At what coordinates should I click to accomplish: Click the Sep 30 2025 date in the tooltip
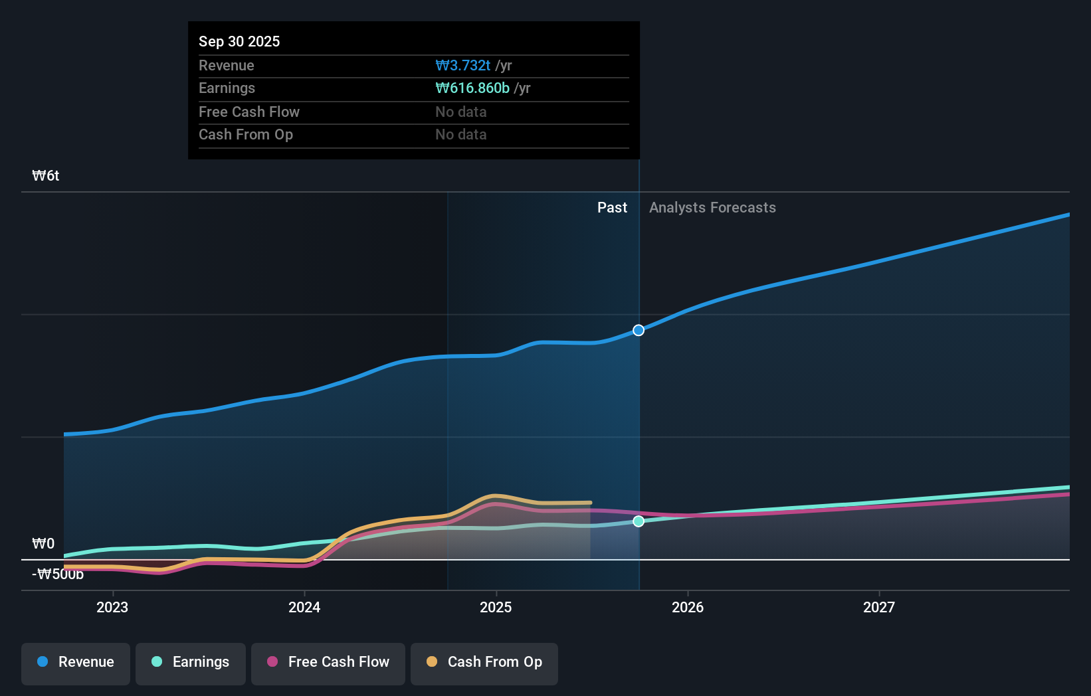(x=239, y=41)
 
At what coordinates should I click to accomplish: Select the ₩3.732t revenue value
(x=462, y=65)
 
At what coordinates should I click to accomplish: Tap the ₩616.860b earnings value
(x=472, y=88)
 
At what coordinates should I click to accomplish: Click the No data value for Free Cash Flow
(x=460, y=112)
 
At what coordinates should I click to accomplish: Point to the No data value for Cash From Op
(x=460, y=134)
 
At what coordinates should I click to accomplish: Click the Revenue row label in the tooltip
(x=226, y=65)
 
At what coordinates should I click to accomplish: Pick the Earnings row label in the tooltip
(x=227, y=88)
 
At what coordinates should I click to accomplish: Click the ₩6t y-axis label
(x=46, y=175)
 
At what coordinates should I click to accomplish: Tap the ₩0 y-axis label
(x=43, y=543)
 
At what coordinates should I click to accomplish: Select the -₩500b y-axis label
(x=58, y=574)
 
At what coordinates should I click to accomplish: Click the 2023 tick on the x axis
(x=112, y=607)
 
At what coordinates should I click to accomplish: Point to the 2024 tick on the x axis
(x=304, y=607)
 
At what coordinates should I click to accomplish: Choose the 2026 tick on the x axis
(x=688, y=607)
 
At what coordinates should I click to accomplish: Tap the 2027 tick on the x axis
(x=879, y=607)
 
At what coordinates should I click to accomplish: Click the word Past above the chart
(x=612, y=207)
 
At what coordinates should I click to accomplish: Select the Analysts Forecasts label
(x=712, y=207)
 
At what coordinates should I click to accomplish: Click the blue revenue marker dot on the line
(x=639, y=330)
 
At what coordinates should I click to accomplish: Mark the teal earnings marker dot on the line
(x=639, y=521)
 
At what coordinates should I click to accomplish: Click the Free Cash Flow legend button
(x=328, y=662)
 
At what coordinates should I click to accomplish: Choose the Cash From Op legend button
(x=484, y=662)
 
